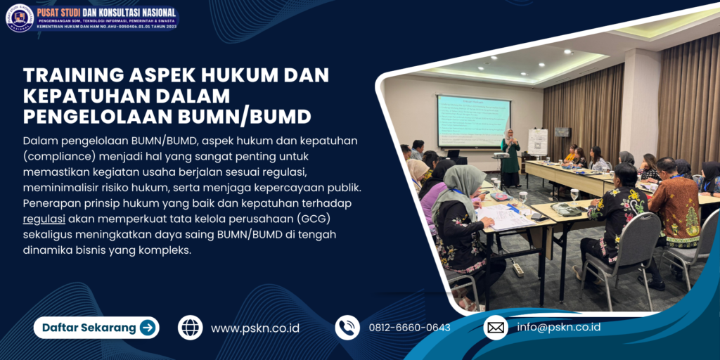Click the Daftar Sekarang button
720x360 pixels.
96,328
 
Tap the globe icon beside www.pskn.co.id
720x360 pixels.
190,328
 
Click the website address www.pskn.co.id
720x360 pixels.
255,328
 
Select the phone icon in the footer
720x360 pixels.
347,328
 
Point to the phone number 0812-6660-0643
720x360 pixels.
409,328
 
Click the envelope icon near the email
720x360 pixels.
496,328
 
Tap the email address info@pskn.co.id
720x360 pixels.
558,328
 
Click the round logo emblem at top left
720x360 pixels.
19,18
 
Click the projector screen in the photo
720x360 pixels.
472,121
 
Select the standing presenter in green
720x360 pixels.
509,158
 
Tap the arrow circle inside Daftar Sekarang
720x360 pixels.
148,328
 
